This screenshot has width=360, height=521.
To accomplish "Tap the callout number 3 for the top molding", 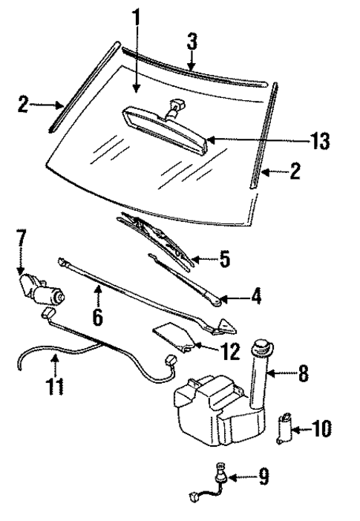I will (192, 42).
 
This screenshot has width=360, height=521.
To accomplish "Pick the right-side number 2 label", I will (295, 172).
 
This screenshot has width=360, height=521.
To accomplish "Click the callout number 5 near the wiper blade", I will (225, 260).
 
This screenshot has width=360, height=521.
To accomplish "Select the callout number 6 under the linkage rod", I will (97, 317).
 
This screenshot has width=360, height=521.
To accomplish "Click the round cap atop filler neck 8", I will (261, 345).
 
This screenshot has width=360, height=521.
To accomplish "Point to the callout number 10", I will (321, 428).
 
